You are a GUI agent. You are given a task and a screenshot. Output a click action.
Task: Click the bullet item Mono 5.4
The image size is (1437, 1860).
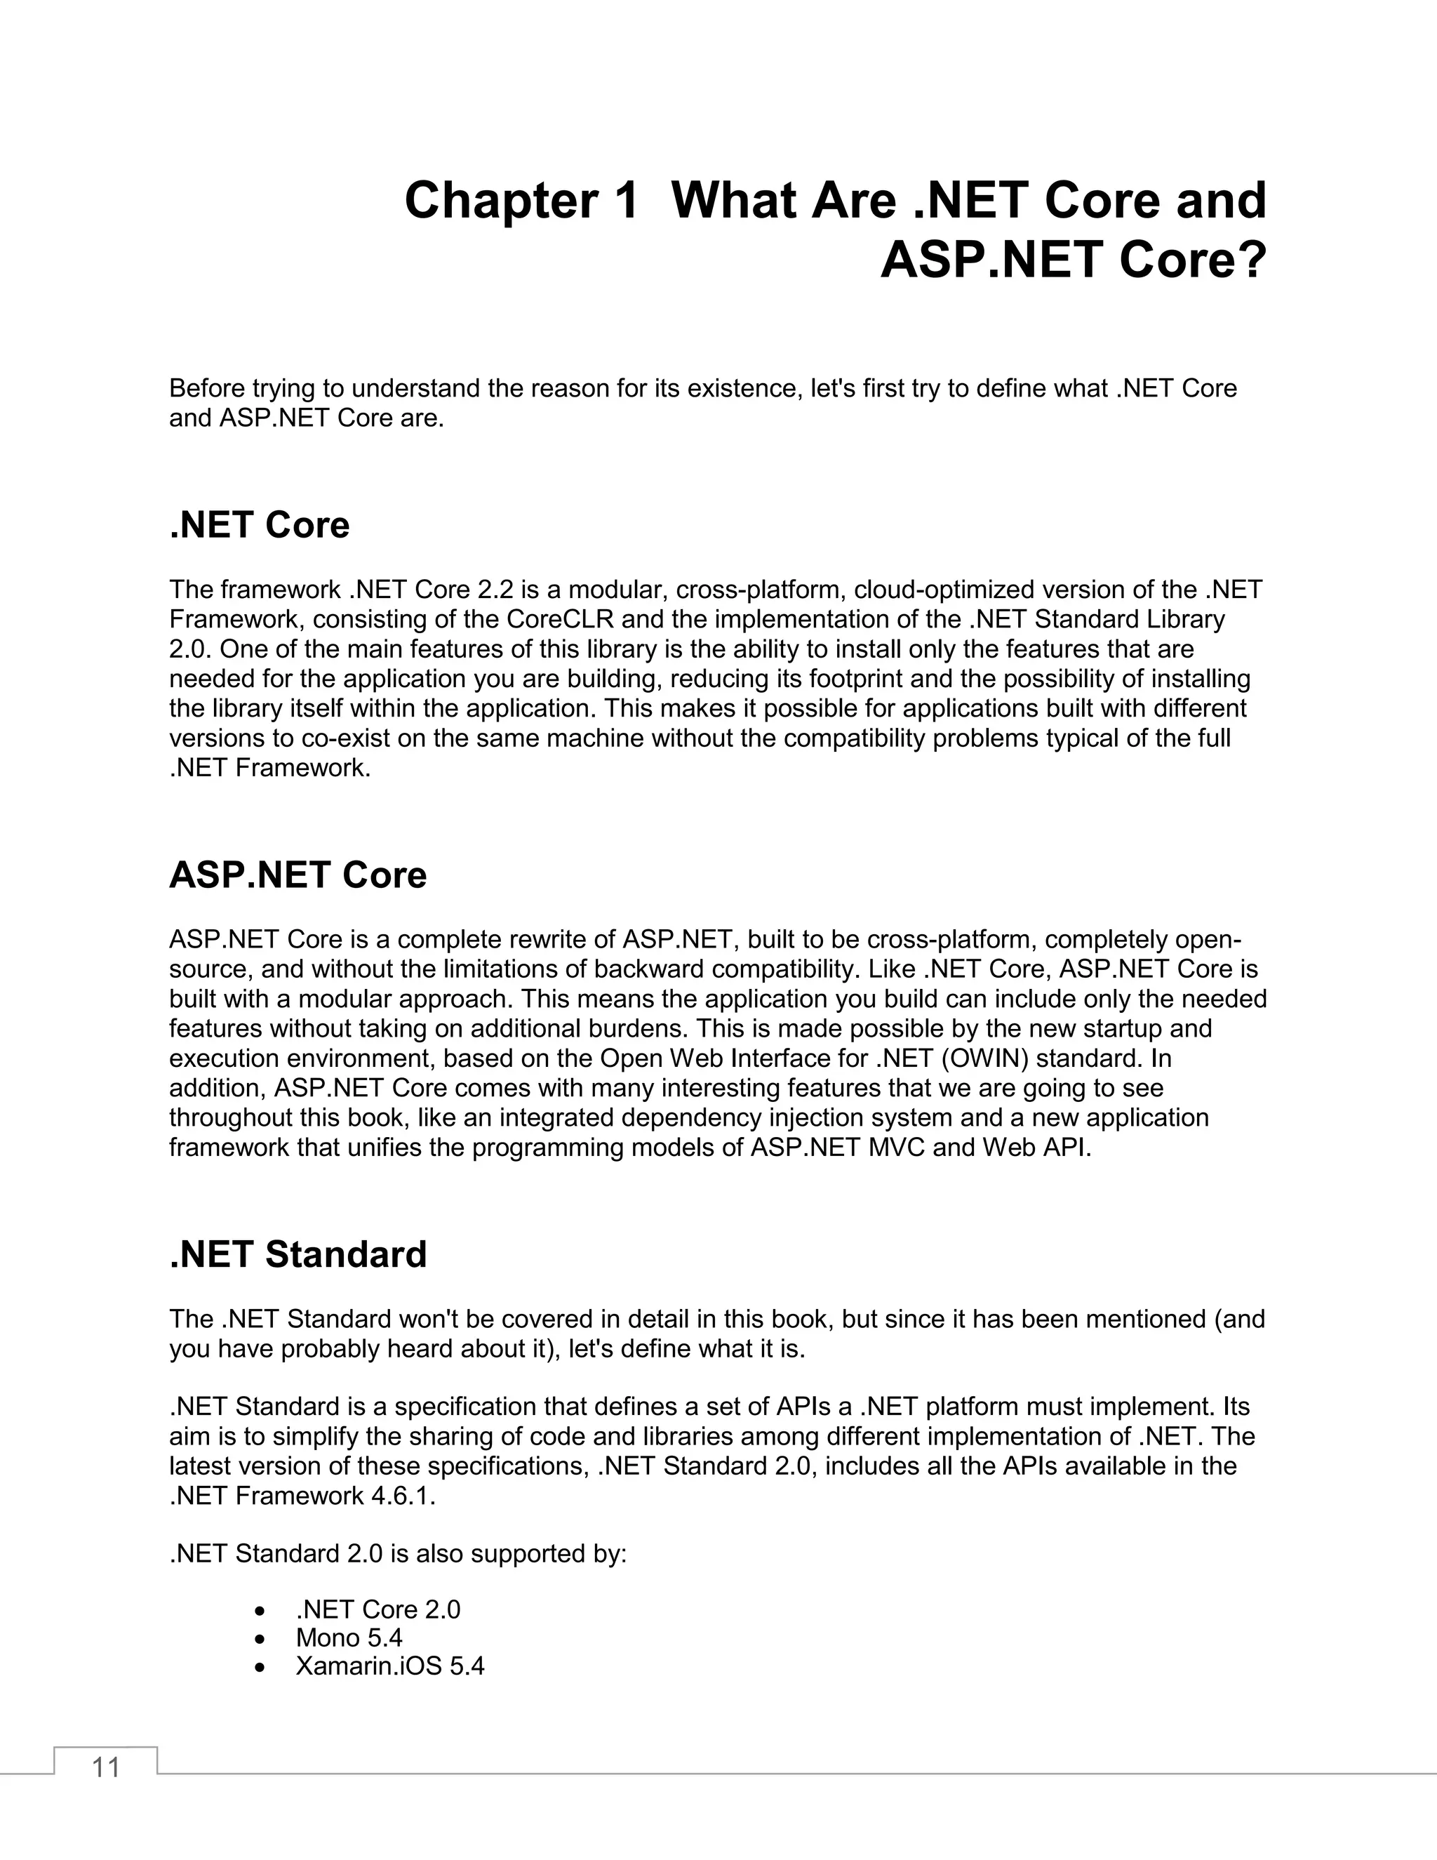[x=349, y=1638]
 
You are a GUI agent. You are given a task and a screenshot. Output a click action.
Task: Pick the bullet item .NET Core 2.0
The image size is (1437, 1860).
[x=378, y=1609]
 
